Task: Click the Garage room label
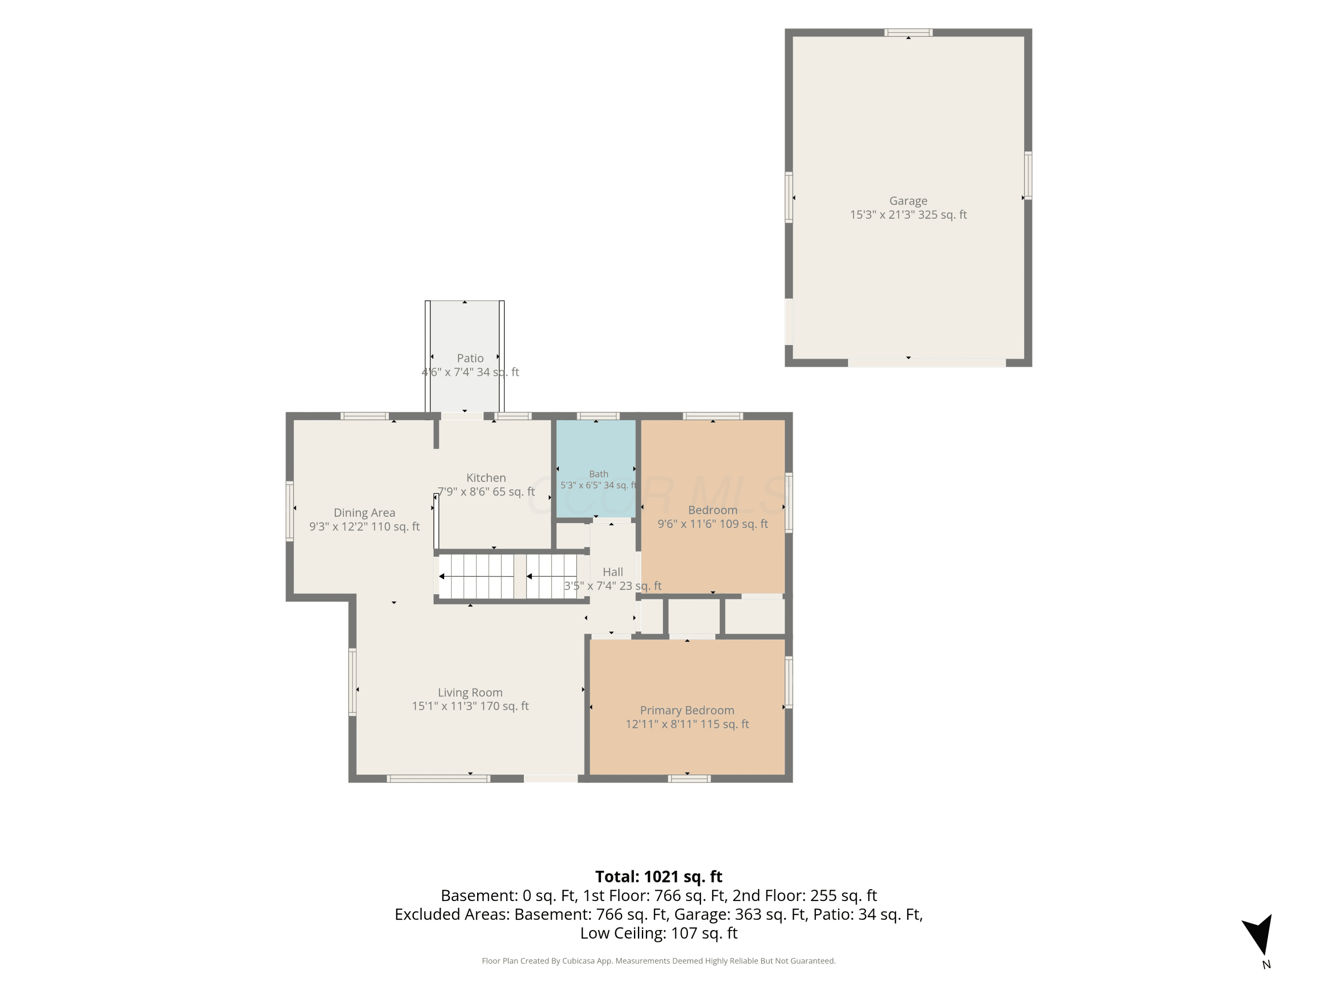(x=908, y=201)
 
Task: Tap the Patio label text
(x=470, y=358)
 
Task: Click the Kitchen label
(x=486, y=478)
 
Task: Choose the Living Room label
(x=470, y=692)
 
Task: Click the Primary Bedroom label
(x=687, y=710)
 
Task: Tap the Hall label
(x=612, y=572)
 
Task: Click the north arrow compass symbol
(x=1258, y=936)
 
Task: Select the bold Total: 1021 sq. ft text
(x=659, y=876)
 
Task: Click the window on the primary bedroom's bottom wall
(x=689, y=779)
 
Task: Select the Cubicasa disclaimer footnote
(x=659, y=961)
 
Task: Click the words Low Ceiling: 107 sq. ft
(x=659, y=933)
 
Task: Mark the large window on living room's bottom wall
(x=438, y=779)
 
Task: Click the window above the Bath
(x=598, y=416)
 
